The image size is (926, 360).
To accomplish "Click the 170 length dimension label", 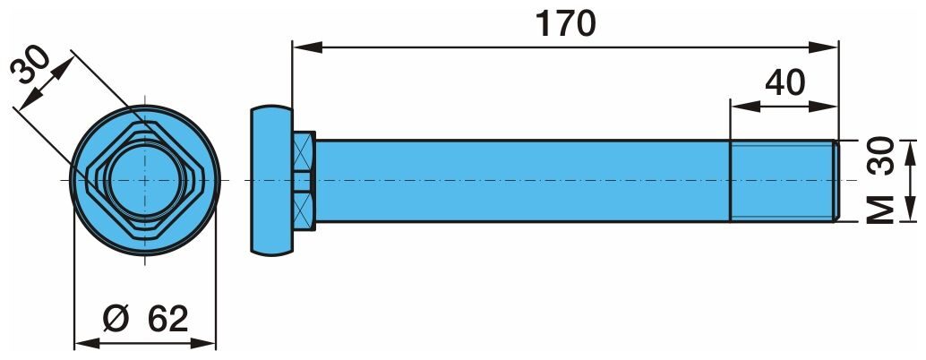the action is [565, 23].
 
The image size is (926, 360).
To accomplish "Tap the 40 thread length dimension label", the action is [785, 83].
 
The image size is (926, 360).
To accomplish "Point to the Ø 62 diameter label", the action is [145, 320].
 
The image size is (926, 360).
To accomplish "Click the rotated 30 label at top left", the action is [30, 65].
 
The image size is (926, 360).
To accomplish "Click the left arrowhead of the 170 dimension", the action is [307, 47].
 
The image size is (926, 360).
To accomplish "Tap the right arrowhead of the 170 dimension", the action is [824, 47].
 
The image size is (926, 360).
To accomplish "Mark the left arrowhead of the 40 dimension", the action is [745, 107].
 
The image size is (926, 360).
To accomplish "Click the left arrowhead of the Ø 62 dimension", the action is [89, 342].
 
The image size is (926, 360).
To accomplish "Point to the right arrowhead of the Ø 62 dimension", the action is [202, 342].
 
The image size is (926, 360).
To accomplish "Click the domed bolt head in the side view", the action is [271, 180].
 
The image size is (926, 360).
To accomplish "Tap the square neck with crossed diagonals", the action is [304, 180].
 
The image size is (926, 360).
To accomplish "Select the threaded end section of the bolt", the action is [784, 181].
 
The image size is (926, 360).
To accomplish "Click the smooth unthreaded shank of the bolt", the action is [523, 181].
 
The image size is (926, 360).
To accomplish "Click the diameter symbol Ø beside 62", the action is [116, 320].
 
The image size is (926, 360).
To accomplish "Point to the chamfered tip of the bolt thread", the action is [836, 181].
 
